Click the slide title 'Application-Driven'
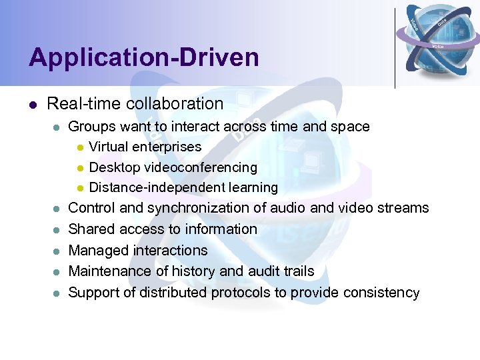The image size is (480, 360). click(x=143, y=58)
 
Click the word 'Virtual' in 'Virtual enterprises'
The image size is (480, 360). click(x=109, y=147)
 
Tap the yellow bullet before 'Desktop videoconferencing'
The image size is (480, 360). click(x=79, y=168)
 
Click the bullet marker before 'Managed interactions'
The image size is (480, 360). click(x=57, y=251)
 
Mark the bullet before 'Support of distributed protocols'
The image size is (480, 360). click(x=57, y=293)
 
